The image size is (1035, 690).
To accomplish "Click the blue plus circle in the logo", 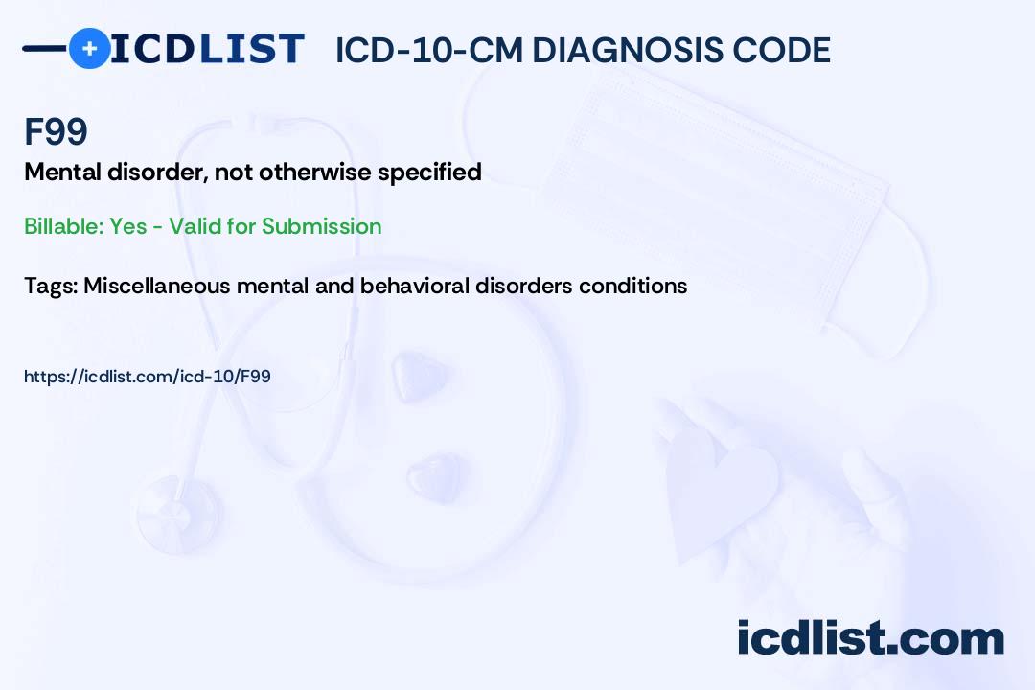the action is tap(90, 48).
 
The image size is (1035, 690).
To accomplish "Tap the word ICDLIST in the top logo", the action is tap(207, 49).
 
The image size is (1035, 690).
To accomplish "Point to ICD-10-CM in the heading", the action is tap(429, 50).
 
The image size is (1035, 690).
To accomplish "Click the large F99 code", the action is tap(57, 131).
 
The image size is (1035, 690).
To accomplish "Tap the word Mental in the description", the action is tap(62, 172).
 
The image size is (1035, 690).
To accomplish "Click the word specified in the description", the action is tap(429, 173).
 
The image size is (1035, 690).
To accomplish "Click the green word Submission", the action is tap(321, 226).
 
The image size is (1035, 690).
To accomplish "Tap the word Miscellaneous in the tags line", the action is tap(157, 286).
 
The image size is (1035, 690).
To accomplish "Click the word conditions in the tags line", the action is tap(633, 286).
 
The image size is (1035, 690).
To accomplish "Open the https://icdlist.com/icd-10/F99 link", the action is tap(148, 377).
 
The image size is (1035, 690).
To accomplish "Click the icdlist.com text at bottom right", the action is tap(870, 638).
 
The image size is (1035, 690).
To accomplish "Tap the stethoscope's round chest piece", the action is tap(177, 513).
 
